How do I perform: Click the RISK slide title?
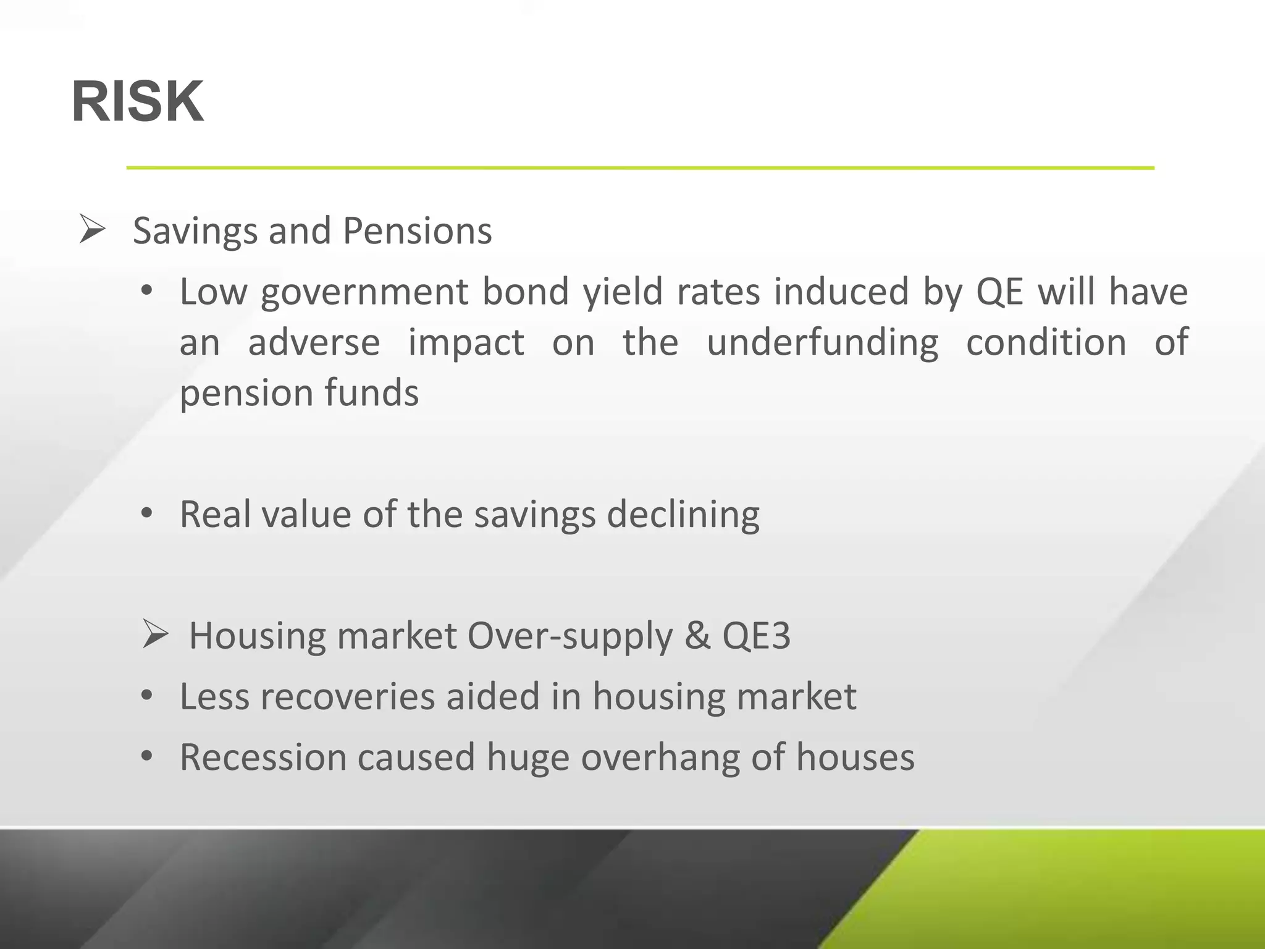tap(137, 103)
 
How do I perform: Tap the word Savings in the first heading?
tap(195, 232)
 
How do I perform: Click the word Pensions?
tap(417, 232)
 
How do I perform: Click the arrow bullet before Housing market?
tap(155, 635)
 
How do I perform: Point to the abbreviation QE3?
tap(756, 636)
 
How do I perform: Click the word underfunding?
tap(822, 343)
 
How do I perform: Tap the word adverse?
tap(314, 343)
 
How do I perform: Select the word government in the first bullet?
tap(364, 293)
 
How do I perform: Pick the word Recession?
tap(263, 757)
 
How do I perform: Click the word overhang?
tap(660, 757)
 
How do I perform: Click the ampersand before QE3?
tap(697, 636)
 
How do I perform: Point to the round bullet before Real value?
tap(146, 513)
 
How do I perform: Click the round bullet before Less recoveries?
tap(146, 696)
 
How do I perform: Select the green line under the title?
tap(640, 167)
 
